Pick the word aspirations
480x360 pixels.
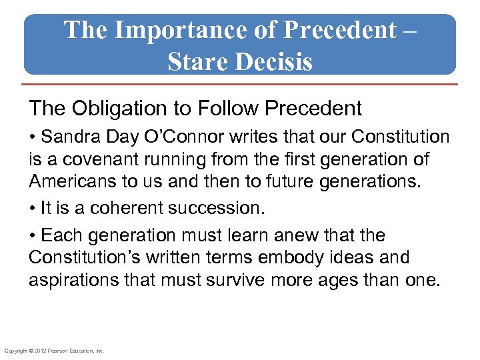coord(70,280)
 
